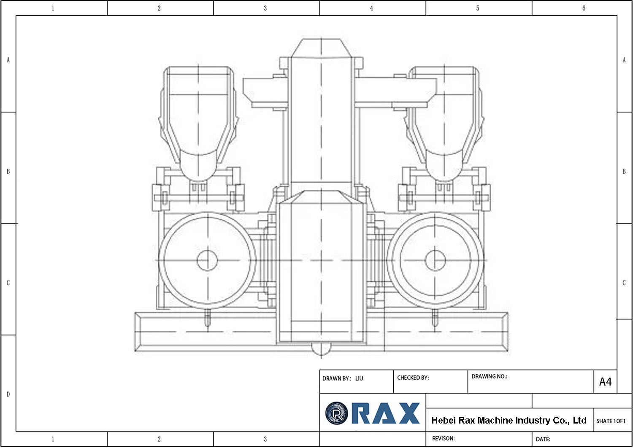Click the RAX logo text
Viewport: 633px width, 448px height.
click(385, 413)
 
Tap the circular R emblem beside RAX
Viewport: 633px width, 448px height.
click(336, 413)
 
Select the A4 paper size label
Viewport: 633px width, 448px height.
click(605, 382)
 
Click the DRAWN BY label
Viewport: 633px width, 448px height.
click(336, 378)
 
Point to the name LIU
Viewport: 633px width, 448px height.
click(359, 378)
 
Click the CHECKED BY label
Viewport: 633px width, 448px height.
click(413, 378)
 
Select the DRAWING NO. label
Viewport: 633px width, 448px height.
click(489, 376)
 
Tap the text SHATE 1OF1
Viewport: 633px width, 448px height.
click(611, 421)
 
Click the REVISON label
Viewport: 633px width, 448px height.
click(443, 438)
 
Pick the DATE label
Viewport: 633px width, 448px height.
click(543, 439)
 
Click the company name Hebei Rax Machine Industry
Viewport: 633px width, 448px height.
click(509, 420)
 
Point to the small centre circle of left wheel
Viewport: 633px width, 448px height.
click(207, 260)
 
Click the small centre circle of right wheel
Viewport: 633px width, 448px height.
click(435, 260)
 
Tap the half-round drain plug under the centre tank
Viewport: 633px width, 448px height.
click(321, 348)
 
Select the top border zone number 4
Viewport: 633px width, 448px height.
click(371, 8)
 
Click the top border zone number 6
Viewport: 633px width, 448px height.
click(584, 8)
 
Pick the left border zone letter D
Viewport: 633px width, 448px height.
click(8, 394)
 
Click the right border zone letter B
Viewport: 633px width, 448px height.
click(624, 171)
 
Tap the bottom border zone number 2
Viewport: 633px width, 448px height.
click(159, 439)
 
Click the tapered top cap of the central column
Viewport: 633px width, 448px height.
click(321, 48)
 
